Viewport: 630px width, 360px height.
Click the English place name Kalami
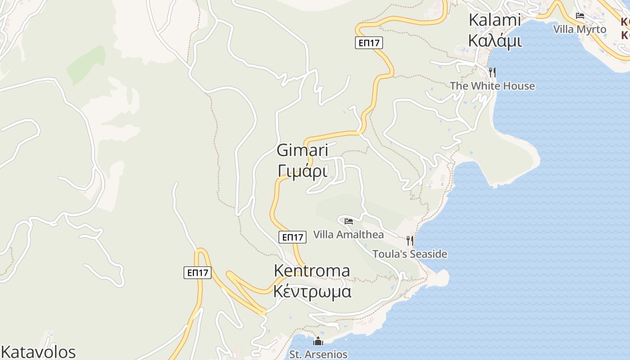[495, 20]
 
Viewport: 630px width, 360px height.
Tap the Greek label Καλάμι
[495, 40]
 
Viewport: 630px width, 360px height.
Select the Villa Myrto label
[580, 29]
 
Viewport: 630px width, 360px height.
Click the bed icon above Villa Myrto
[580, 16]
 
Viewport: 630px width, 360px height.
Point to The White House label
[492, 86]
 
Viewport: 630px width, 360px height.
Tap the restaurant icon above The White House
[492, 72]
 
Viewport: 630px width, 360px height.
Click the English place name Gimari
[302, 150]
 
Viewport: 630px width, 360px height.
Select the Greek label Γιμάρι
[302, 171]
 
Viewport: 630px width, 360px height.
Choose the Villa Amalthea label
[348, 234]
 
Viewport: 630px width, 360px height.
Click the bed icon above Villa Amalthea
[349, 221]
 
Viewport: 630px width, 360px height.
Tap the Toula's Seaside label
[410, 254]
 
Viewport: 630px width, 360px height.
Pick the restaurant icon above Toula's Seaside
[410, 240]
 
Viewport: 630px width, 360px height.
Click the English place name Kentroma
[312, 271]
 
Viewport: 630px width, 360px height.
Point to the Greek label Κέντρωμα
[312, 292]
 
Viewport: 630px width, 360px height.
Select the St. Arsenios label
[318, 355]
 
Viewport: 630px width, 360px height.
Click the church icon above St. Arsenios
[318, 342]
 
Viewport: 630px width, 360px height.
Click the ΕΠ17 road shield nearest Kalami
[369, 43]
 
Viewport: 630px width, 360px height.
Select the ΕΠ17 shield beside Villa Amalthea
[292, 237]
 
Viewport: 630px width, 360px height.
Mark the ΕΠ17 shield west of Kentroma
[198, 272]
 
